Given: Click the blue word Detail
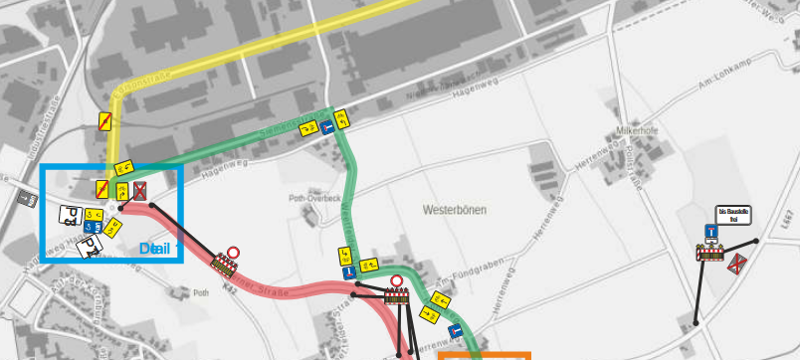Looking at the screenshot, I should [155, 248].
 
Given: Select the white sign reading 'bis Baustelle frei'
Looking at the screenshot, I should [733, 215].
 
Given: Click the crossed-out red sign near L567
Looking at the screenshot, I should [737, 264].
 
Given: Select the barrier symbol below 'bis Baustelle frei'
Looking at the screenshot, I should [710, 253].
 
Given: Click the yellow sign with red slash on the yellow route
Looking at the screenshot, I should [104, 121].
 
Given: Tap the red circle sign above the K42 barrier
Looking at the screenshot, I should [233, 254].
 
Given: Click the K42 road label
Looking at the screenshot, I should [232, 286].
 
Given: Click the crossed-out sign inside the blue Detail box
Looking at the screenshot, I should [140, 189].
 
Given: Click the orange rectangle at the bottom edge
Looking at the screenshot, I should [485, 355].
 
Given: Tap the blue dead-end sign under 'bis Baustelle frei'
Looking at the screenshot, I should [711, 233].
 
